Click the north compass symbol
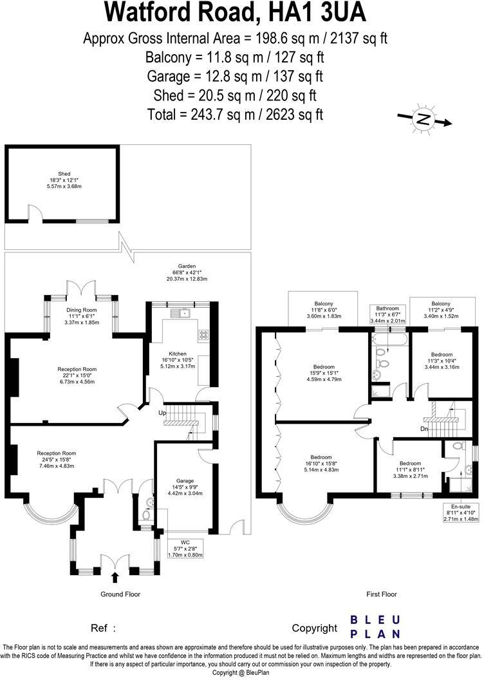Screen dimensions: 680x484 coord(423,119)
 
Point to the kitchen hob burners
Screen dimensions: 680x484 coord(203,334)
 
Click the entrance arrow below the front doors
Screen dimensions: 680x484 coord(115,577)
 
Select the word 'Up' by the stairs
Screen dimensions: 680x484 coord(163,413)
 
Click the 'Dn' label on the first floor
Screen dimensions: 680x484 coord(423,429)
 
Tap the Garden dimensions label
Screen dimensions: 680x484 coord(187,272)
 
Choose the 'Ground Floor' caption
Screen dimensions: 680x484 coord(120,594)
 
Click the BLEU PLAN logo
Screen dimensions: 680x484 coord(375,627)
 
